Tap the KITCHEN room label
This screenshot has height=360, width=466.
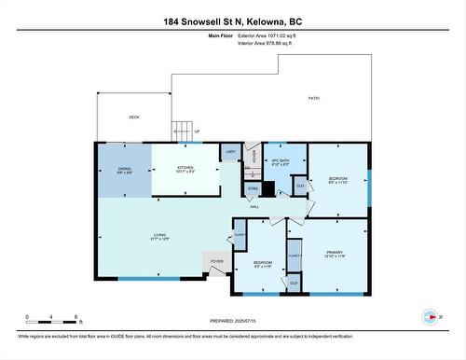[185, 168]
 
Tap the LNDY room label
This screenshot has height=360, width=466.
[230, 151]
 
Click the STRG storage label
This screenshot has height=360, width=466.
[251, 188]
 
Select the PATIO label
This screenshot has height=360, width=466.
[314, 98]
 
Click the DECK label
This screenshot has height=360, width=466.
[133, 118]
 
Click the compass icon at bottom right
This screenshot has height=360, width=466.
[430, 316]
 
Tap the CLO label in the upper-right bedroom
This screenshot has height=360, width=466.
[299, 186]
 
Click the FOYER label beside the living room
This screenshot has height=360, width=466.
[216, 261]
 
